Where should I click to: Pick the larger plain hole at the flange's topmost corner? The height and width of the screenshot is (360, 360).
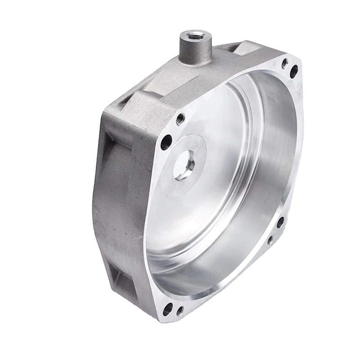(293, 70)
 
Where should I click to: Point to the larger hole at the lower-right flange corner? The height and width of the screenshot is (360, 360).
(279, 222)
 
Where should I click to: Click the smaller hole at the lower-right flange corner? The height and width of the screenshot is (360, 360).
(270, 240)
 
